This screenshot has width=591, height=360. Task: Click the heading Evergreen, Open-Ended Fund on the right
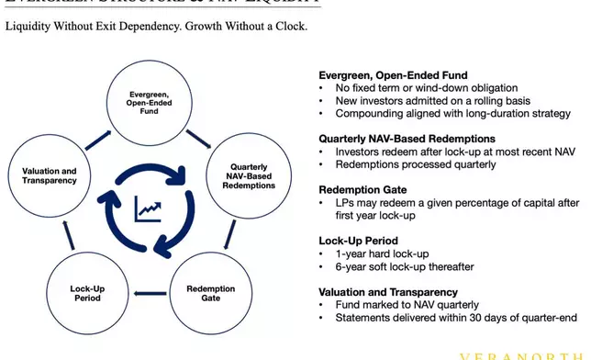(x=392, y=75)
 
